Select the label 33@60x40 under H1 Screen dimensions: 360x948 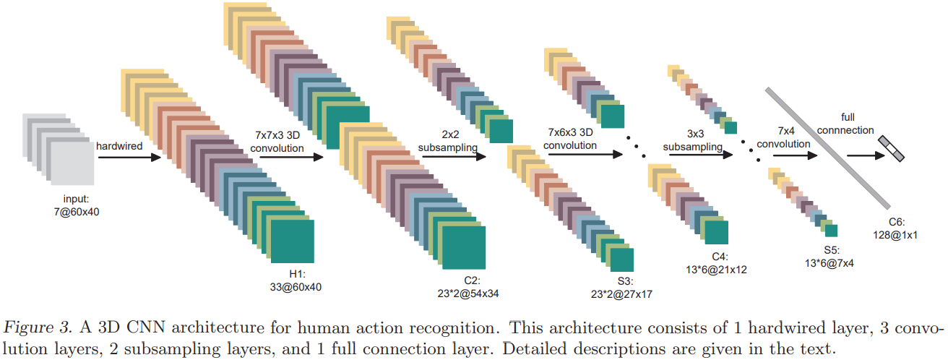(296, 287)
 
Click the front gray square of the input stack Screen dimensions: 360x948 (71, 160)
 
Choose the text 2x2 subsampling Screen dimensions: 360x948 (448, 141)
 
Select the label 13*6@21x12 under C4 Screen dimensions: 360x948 (719, 268)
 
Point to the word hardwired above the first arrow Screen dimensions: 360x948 (120, 146)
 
